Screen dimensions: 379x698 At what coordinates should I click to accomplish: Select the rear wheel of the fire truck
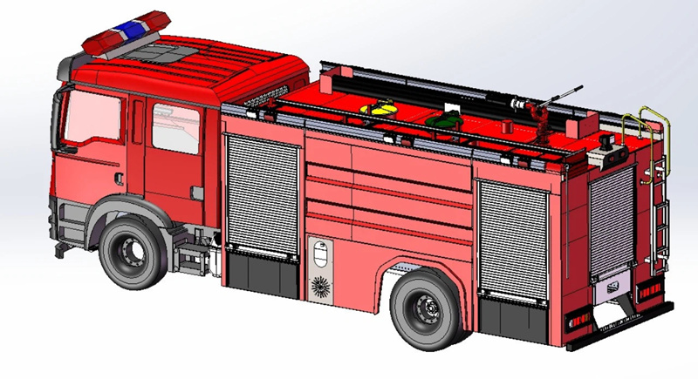[425, 308]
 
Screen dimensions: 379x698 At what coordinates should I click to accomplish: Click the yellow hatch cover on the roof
[381, 109]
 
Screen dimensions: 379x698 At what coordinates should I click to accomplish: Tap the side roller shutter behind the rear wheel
[514, 237]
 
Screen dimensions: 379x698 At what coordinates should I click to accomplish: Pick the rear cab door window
[175, 129]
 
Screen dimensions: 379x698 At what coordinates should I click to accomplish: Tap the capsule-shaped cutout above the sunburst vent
[320, 255]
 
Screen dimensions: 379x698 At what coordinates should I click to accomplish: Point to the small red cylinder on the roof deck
[506, 125]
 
